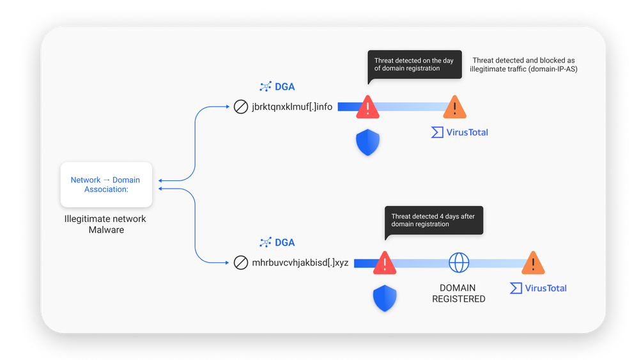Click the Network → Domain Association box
105,185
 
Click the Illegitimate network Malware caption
105,224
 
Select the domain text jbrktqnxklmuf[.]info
292,107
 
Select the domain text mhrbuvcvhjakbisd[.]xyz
300,263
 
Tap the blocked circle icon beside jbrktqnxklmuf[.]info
241,107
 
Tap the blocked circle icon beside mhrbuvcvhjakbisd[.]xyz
241,263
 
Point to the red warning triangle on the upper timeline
367,107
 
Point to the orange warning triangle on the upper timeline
454,107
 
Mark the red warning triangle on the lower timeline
385,263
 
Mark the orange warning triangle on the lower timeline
533,263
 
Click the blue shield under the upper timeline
367,143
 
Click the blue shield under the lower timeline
385,298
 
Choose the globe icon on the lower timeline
459,263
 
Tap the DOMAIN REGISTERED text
459,293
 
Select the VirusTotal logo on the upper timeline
459,132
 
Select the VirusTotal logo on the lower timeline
538,288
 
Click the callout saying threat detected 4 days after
433,221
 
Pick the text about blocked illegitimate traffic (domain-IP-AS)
524,65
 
